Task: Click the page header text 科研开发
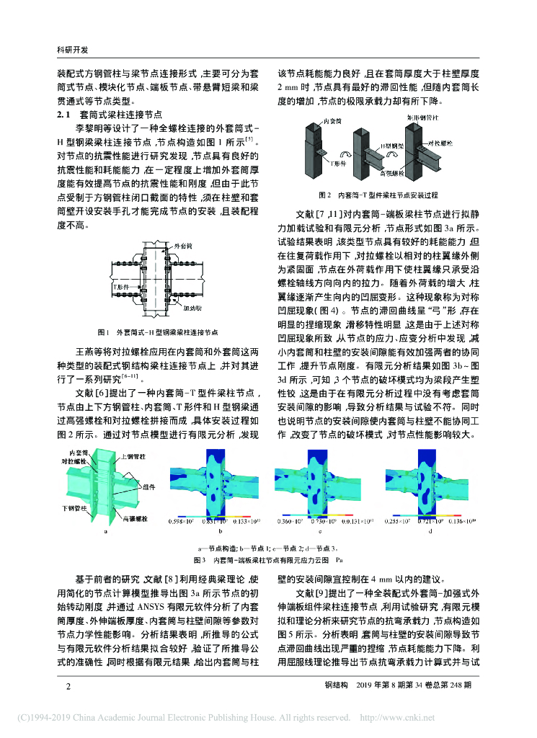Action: click(x=72, y=50)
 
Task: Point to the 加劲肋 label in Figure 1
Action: click(x=192, y=306)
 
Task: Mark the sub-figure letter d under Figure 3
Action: click(x=430, y=532)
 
